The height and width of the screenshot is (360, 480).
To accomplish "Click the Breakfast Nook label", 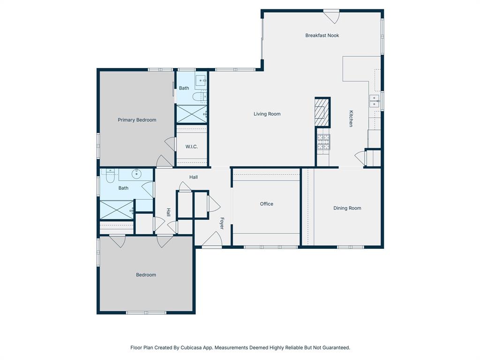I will click(322, 36).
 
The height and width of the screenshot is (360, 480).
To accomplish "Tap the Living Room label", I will click(267, 114).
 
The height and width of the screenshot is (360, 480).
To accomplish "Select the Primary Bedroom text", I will click(137, 120).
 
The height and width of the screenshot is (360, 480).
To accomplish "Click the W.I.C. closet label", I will click(191, 147).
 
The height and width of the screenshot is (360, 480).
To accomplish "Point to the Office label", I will click(266, 204).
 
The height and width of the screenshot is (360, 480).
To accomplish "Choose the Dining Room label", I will click(347, 208).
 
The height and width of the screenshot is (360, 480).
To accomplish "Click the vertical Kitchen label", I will click(351, 119).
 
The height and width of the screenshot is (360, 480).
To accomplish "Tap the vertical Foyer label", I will click(222, 223).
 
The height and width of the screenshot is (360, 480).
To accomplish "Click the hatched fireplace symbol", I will click(322, 112).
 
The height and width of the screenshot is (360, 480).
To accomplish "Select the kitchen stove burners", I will click(323, 142).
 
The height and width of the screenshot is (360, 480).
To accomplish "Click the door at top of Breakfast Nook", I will click(331, 15).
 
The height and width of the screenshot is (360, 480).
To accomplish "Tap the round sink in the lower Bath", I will click(136, 174).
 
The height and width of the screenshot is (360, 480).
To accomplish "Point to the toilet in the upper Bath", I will click(198, 97).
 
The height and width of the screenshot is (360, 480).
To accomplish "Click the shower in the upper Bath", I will click(191, 113).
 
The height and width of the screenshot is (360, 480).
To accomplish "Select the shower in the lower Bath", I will click(116, 210).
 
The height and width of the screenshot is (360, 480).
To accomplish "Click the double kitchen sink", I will click(374, 101).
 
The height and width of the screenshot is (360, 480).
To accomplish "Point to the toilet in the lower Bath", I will click(110, 176).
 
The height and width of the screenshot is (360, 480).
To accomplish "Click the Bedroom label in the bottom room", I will click(146, 275).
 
